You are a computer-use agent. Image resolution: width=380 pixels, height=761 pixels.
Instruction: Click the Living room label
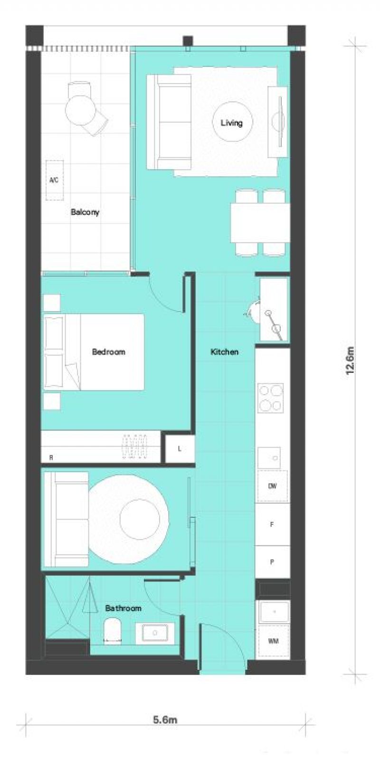(232, 123)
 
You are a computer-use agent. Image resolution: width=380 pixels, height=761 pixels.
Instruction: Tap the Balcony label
(85, 212)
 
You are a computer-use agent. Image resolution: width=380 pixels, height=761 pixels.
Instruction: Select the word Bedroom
(109, 352)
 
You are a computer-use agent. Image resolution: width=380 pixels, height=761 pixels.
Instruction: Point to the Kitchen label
(225, 352)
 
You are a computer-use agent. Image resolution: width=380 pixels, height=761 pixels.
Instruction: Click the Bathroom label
(123, 608)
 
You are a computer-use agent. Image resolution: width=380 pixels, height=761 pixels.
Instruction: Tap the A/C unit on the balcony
(54, 180)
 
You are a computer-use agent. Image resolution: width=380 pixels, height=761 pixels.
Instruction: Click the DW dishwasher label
(272, 486)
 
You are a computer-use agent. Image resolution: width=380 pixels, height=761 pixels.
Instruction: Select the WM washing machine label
(274, 641)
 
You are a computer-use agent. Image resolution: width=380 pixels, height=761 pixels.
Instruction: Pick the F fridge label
(272, 524)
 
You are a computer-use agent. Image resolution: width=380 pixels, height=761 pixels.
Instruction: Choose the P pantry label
(272, 562)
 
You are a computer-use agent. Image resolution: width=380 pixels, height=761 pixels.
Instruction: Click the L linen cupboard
(180, 449)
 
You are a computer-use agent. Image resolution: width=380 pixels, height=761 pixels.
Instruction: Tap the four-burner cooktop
(271, 398)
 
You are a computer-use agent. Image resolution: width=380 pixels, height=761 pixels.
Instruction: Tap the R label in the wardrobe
(51, 457)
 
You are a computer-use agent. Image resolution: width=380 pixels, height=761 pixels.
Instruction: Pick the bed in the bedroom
(94, 352)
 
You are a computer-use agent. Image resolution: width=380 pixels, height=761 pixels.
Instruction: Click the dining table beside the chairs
(260, 222)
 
